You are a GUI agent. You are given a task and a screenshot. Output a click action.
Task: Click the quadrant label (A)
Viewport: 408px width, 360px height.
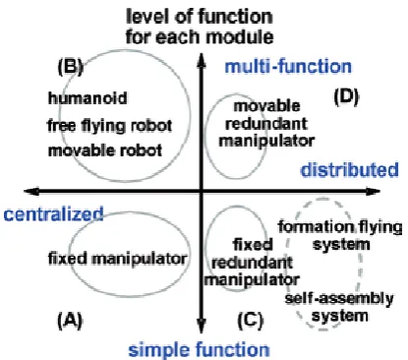click(70, 320)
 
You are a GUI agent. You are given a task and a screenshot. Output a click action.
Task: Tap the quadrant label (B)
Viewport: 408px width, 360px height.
click(70, 67)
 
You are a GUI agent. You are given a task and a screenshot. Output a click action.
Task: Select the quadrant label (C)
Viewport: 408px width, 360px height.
click(251, 320)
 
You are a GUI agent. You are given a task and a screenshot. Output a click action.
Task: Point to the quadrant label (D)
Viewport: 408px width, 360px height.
click(346, 96)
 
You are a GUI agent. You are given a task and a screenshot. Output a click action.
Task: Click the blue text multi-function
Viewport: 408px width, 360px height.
click(288, 67)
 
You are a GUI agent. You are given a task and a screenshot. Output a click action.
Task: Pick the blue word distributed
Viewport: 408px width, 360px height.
click(350, 170)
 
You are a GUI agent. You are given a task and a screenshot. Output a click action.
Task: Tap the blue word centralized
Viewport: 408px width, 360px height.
click(53, 213)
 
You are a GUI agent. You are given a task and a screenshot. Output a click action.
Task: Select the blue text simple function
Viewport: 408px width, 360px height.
click(199, 349)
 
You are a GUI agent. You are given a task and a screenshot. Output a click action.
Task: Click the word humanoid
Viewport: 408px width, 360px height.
click(87, 98)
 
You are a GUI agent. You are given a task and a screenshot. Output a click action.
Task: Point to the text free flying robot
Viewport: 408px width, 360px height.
click(110, 125)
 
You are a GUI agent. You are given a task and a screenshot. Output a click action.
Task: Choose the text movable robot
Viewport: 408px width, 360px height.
click(105, 150)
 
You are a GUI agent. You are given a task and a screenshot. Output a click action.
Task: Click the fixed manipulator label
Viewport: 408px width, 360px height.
click(118, 259)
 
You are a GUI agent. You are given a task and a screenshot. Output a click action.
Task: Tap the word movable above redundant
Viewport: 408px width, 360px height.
click(266, 106)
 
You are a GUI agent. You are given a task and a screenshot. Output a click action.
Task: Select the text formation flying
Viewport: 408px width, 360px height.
click(340, 227)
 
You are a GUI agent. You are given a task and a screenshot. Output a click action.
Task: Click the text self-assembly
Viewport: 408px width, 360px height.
click(339, 298)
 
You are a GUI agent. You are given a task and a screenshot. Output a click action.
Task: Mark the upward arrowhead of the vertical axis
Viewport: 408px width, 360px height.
click(202, 60)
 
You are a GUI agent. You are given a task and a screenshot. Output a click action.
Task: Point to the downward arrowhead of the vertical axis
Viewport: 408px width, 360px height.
click(202, 326)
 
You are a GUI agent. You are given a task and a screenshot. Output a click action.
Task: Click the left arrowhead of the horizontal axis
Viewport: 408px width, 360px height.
click(31, 191)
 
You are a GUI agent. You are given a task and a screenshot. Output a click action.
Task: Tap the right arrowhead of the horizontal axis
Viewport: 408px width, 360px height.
click(373, 191)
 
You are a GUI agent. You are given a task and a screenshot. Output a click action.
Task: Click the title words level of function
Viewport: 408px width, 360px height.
click(200, 17)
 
